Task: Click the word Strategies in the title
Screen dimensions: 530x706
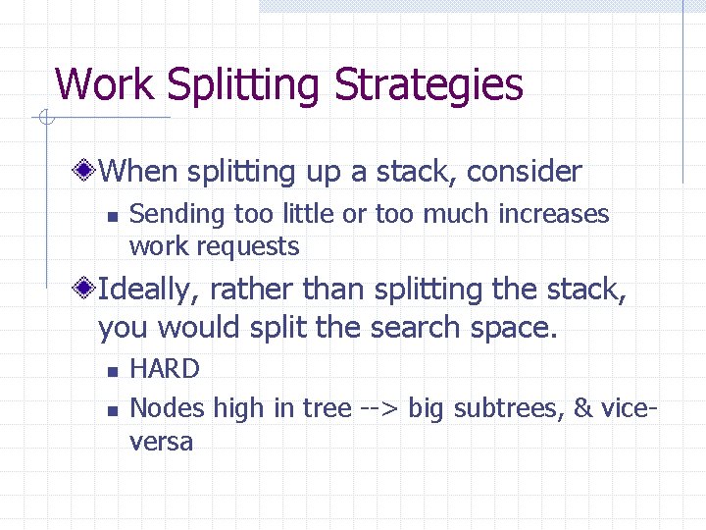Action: click(x=429, y=85)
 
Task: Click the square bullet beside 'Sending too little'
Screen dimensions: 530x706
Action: click(x=113, y=216)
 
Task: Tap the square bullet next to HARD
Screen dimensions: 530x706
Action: click(x=113, y=371)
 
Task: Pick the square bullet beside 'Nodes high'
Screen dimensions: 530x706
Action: click(x=113, y=408)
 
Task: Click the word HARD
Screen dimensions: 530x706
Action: click(x=165, y=369)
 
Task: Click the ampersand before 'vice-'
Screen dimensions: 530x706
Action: click(x=583, y=407)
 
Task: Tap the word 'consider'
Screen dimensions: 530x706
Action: click(x=525, y=172)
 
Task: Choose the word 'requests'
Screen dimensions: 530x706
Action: click(x=252, y=246)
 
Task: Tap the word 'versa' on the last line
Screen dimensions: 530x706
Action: click(x=162, y=442)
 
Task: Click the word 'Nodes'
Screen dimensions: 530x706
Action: click(x=163, y=407)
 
